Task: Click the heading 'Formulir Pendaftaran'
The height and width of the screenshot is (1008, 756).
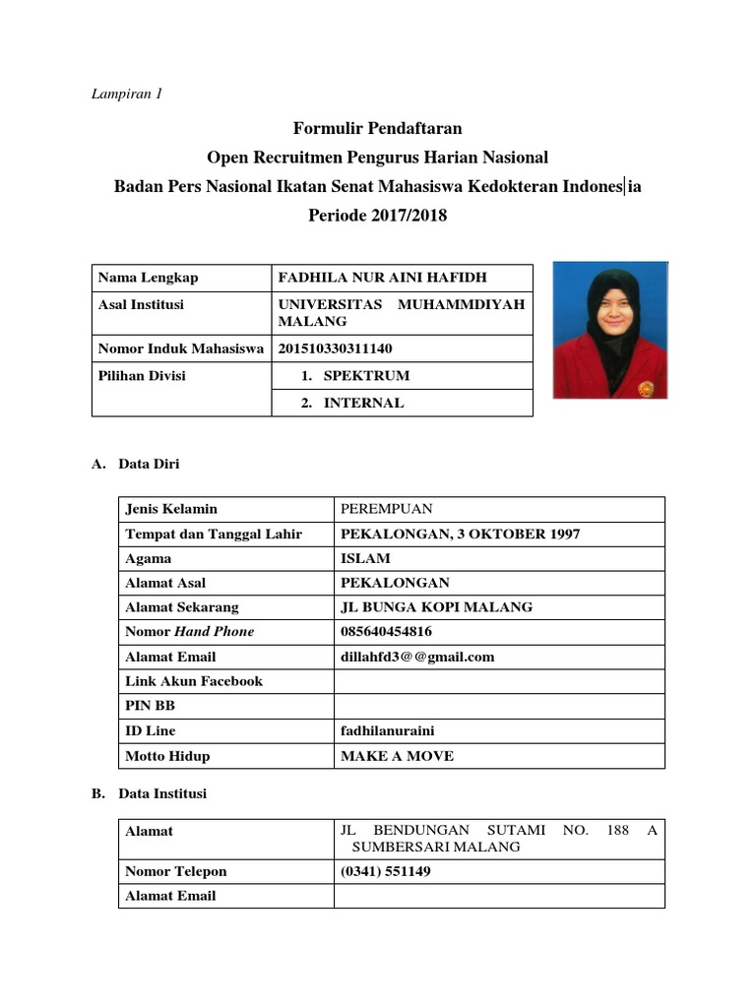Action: point(377,128)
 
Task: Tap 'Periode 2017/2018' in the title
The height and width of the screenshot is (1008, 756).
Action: point(377,216)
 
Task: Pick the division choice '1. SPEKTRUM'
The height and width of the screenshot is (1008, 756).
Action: point(353,375)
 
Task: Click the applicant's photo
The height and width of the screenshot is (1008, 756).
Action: point(610,330)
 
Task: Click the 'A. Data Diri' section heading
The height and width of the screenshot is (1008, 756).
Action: point(136,464)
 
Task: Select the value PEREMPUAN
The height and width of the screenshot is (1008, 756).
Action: point(386,509)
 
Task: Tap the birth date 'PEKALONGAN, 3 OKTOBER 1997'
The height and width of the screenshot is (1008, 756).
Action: point(460,534)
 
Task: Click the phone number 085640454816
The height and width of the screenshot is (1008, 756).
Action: point(386,632)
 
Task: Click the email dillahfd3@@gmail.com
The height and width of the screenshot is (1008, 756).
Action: point(416,657)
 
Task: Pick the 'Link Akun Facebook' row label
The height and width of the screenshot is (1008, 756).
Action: point(194,681)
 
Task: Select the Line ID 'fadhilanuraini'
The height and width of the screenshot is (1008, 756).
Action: point(386,730)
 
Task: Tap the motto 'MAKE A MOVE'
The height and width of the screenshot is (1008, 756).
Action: point(397,756)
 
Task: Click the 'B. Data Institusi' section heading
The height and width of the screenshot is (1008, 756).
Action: point(149,792)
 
